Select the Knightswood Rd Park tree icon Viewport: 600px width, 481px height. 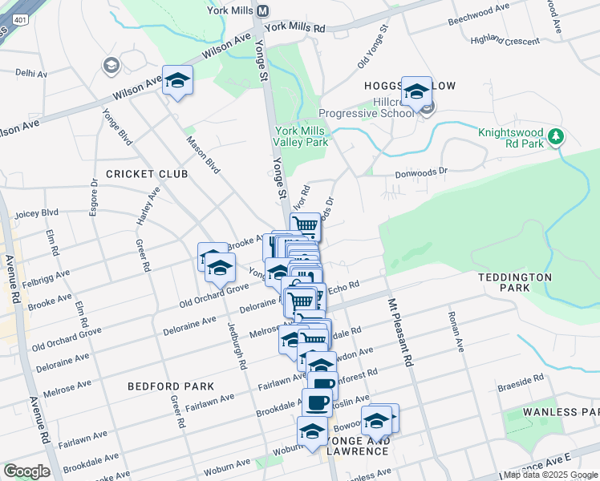554,134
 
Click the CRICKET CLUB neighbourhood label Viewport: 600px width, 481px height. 147,174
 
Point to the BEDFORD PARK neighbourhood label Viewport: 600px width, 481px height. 171,386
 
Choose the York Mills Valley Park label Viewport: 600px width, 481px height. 302,136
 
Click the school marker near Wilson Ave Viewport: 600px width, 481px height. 178,80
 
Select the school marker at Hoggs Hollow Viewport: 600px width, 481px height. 417,91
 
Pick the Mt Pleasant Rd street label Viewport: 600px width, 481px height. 399,333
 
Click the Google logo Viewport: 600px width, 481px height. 26,471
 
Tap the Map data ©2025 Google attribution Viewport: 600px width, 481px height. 549,475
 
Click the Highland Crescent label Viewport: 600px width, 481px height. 505,39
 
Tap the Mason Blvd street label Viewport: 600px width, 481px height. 202,155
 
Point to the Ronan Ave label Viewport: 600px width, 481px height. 456,333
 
